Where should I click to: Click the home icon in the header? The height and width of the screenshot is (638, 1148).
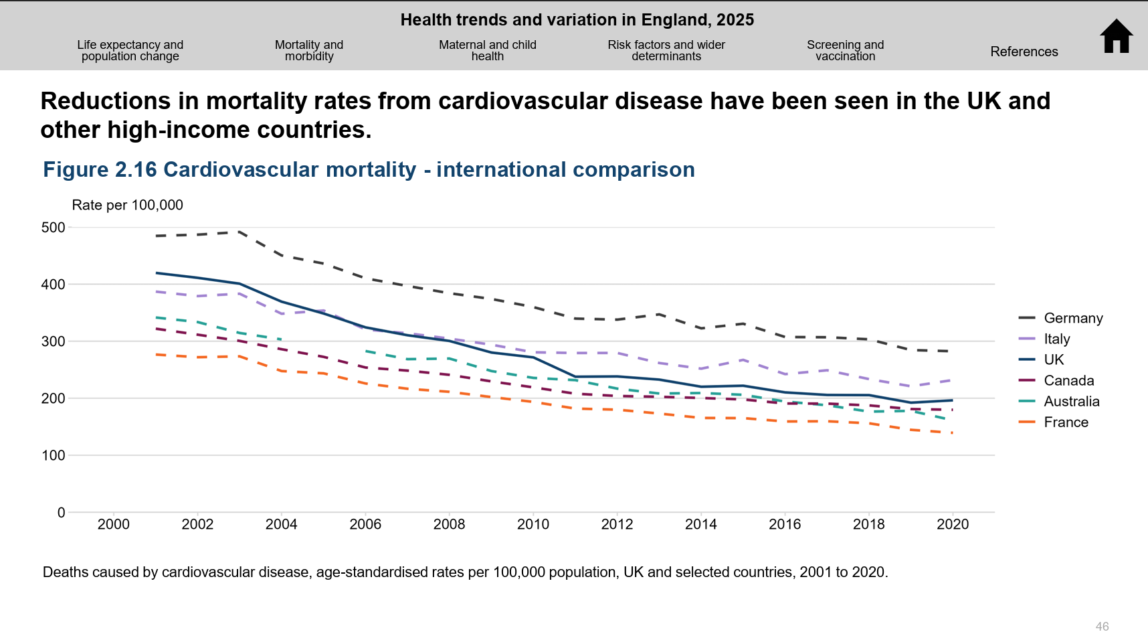(x=1116, y=36)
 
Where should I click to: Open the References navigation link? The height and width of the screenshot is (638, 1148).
(x=1024, y=52)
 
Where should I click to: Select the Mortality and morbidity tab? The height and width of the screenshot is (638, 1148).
(x=308, y=50)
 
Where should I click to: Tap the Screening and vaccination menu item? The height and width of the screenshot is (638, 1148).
(x=845, y=50)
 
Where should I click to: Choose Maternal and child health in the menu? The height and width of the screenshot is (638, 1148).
(x=487, y=50)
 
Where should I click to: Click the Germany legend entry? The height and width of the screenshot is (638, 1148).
(x=1072, y=318)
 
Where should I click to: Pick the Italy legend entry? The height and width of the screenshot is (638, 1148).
(x=1056, y=339)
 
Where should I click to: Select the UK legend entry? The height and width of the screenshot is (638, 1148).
(x=1053, y=360)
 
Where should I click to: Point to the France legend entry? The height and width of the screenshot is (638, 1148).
(x=1066, y=422)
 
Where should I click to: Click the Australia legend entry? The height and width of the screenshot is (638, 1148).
(x=1071, y=401)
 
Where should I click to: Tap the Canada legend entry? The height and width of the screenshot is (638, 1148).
(x=1068, y=380)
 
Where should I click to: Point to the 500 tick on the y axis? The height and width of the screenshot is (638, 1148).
(x=54, y=228)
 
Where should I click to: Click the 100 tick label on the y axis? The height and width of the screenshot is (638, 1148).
(x=54, y=455)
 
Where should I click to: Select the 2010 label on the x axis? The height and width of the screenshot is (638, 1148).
(x=533, y=524)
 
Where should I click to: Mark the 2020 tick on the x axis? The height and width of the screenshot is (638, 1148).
(x=953, y=524)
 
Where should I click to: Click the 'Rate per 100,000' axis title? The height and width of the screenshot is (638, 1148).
(x=127, y=205)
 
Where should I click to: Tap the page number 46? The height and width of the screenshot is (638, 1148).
(x=1102, y=627)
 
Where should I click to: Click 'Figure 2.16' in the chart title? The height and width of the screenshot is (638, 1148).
(x=100, y=170)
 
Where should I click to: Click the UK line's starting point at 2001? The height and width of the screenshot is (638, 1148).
(x=156, y=273)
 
